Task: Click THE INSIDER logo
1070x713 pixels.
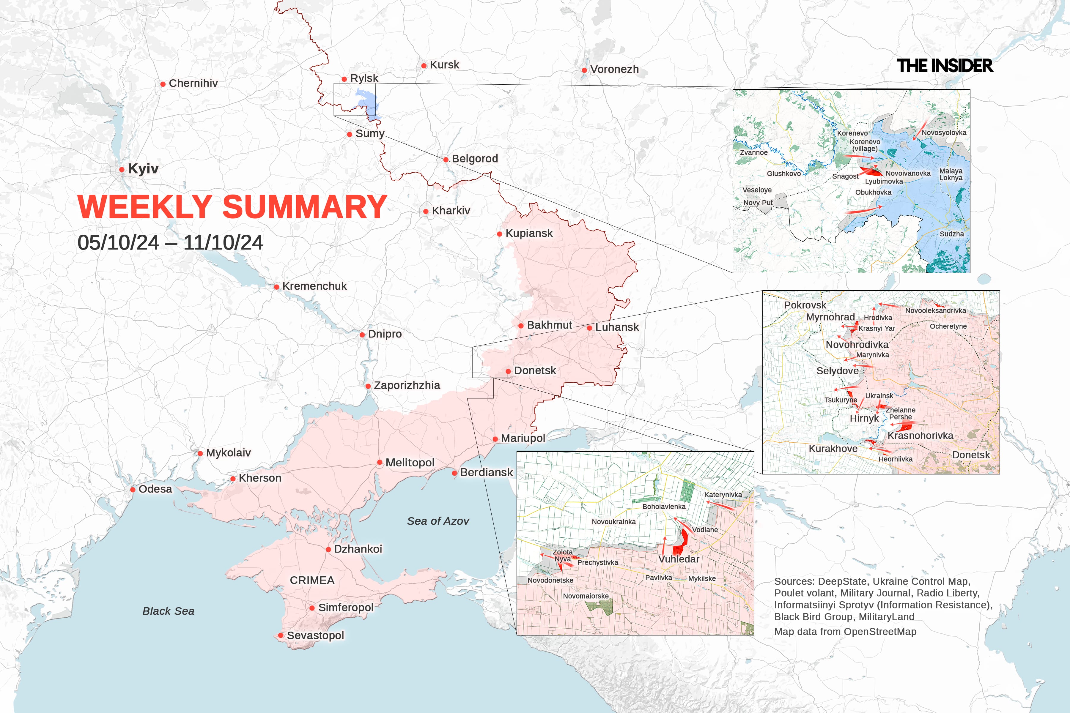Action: point(945,66)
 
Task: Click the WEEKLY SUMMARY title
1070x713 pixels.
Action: point(232,207)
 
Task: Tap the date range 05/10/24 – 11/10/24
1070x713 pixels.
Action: point(170,242)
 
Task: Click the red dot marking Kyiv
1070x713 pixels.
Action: point(122,170)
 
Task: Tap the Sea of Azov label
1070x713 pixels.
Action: point(438,521)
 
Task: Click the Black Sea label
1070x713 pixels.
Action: point(168,611)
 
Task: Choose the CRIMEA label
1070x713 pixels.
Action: point(312,580)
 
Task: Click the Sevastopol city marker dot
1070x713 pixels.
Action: point(281,635)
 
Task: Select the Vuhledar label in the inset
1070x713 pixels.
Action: point(679,559)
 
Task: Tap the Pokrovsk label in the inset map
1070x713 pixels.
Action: point(805,305)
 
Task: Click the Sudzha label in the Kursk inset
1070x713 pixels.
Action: point(952,234)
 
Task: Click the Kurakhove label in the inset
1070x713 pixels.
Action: point(833,448)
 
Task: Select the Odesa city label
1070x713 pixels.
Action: point(155,489)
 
